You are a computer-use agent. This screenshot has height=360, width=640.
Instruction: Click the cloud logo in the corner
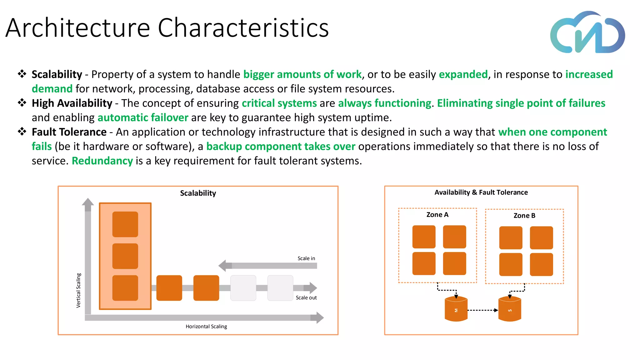[587, 33]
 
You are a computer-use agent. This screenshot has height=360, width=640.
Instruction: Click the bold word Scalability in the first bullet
[57, 74]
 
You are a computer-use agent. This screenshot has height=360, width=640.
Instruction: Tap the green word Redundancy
[102, 161]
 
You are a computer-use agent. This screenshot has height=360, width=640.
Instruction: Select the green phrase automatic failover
[143, 117]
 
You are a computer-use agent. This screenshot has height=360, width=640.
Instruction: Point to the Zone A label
[437, 215]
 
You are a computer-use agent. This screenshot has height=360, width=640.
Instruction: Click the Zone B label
[524, 216]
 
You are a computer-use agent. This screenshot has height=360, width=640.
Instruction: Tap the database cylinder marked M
[456, 309]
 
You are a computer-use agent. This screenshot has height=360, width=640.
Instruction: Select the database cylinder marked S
[510, 309]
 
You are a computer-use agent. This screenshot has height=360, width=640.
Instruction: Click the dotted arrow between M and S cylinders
[482, 310]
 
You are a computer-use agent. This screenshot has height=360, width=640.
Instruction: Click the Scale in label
[306, 258]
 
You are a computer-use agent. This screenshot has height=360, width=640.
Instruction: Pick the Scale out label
[306, 298]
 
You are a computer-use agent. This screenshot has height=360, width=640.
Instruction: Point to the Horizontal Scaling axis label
[206, 327]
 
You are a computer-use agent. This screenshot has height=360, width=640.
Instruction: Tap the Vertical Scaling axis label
[78, 290]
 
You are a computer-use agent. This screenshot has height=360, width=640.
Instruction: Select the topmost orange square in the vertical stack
[125, 224]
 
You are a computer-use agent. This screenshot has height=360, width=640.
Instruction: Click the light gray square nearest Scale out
[280, 288]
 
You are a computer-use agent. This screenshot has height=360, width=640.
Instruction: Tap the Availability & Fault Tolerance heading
[481, 192]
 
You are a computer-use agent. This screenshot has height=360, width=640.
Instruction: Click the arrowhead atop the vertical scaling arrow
[88, 202]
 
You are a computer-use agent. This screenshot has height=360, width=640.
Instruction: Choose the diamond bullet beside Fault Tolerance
[22, 132]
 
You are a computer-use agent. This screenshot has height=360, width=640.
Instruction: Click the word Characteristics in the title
[243, 28]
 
